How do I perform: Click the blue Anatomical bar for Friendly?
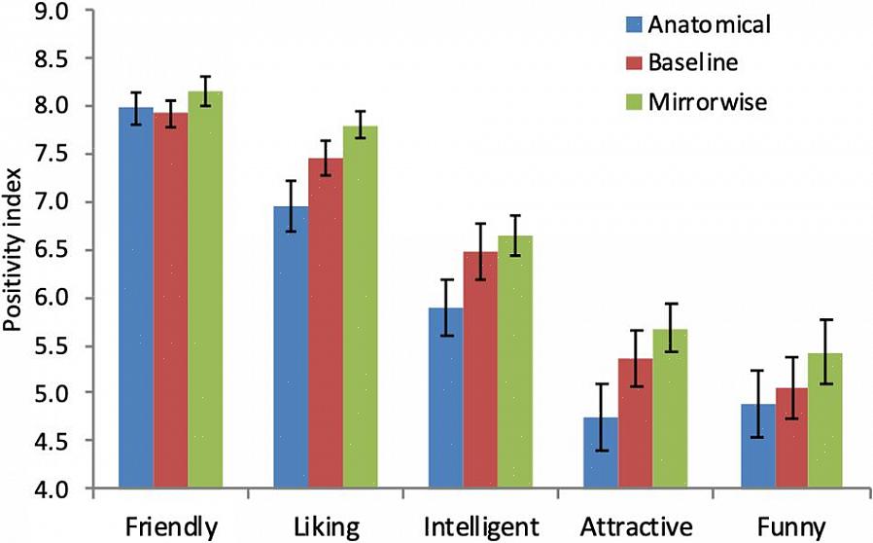tap(135, 302)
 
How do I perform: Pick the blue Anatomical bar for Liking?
tap(291, 350)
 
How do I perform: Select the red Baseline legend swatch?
tap(633, 63)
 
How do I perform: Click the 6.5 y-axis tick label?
tap(64, 250)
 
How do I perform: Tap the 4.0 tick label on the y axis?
tap(64, 489)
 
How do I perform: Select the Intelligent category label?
tap(480, 527)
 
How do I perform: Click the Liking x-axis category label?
tap(326, 527)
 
